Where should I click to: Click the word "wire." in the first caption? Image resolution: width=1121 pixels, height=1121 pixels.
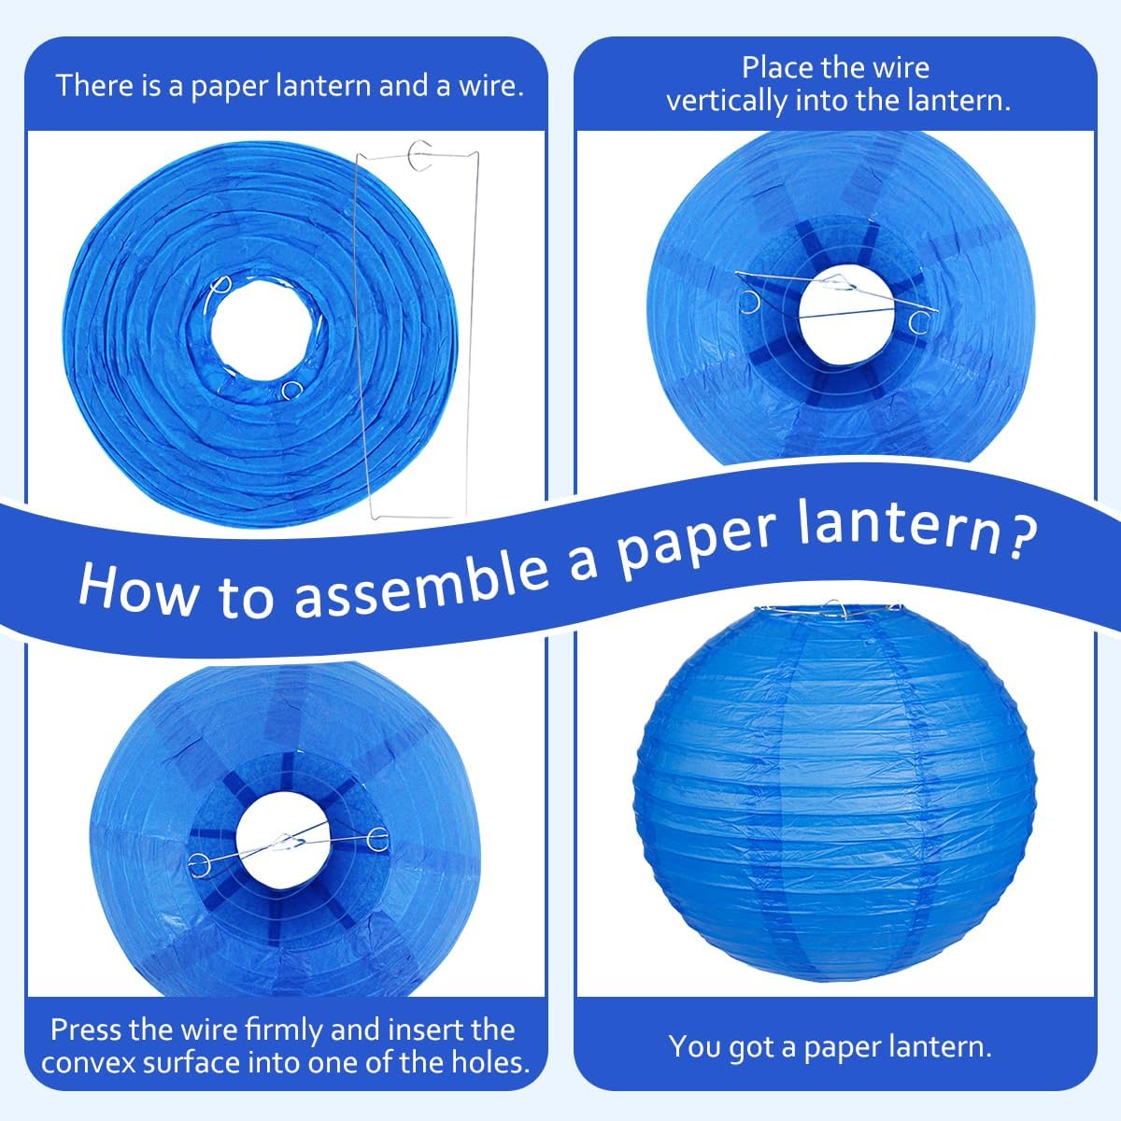point(491,86)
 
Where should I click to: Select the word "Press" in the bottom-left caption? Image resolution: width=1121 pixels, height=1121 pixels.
point(83,1030)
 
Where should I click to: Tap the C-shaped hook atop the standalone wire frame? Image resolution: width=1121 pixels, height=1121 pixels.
point(420,155)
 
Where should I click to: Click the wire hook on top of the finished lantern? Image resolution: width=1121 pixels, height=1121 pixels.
point(835,607)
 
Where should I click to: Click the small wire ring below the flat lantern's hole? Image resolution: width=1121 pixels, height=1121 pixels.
point(292,390)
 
